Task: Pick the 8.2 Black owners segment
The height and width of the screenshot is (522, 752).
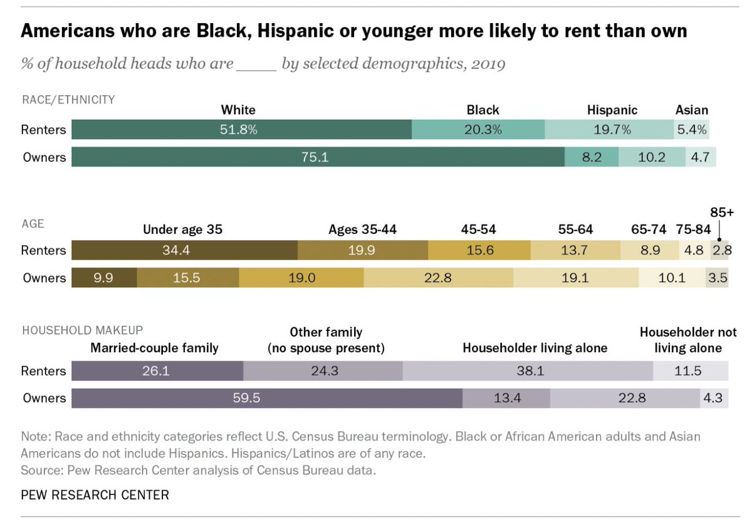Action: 592,157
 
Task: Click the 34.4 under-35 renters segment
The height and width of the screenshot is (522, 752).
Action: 184,250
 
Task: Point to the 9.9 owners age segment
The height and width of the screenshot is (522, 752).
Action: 104,277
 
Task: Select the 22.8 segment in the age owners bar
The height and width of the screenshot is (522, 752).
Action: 438,277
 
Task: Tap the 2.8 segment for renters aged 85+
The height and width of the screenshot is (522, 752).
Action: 721,250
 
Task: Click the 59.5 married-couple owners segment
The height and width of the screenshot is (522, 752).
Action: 267,398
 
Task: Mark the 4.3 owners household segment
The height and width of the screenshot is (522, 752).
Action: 714,398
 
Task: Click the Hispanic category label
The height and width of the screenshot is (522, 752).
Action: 612,110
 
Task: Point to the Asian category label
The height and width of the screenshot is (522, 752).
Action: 692,110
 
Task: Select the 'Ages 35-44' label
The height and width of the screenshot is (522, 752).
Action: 362,229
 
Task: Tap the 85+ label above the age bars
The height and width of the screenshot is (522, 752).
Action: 721,212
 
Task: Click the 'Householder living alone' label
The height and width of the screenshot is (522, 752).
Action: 535,348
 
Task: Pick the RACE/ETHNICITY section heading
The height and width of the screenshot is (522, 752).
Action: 68,100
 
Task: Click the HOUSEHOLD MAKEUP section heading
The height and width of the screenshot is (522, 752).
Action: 82,329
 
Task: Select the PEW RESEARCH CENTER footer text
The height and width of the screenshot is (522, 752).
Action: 95,495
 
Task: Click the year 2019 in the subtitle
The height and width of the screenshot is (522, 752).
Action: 488,64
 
